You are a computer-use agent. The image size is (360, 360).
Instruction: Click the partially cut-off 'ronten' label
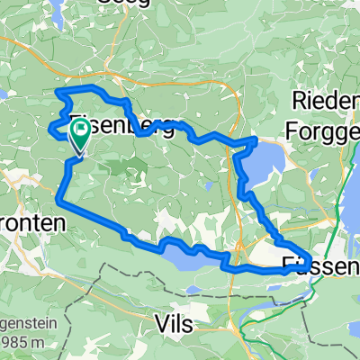(x=31, y=222)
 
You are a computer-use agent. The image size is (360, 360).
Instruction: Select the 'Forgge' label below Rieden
(x=321, y=130)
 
